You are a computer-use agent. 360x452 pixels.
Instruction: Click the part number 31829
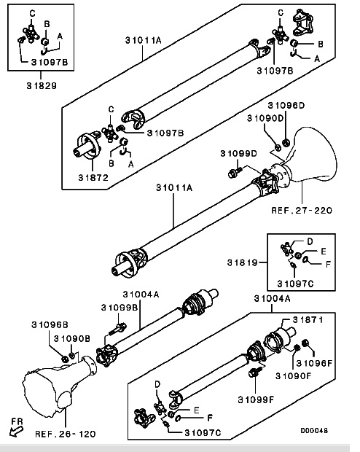[x=42, y=85]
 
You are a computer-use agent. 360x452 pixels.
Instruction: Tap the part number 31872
[x=93, y=178]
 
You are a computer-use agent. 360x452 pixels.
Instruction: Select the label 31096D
[x=286, y=106]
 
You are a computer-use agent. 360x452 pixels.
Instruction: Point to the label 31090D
[x=265, y=118]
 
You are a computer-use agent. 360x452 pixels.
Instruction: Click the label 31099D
[x=238, y=153]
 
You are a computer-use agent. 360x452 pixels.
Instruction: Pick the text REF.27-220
[x=302, y=210]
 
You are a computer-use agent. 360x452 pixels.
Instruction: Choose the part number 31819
[x=243, y=262]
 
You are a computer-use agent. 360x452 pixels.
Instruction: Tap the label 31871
[x=308, y=320]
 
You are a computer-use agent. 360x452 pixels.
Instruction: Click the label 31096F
[x=314, y=363]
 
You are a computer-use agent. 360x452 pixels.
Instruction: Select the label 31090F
[x=294, y=376]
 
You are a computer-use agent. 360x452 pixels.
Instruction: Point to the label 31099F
[x=256, y=400]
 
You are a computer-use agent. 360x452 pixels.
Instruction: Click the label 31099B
[x=120, y=308]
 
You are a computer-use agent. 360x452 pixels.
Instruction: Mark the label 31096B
[x=50, y=325]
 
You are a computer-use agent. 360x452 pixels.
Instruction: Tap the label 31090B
[x=72, y=338]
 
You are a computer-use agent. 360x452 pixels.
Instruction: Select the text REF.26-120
[x=66, y=434]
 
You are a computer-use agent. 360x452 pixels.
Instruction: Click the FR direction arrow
[x=16, y=432]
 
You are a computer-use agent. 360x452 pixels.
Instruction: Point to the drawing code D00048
[x=314, y=431]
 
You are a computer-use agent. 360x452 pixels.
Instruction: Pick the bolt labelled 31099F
[x=254, y=373]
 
